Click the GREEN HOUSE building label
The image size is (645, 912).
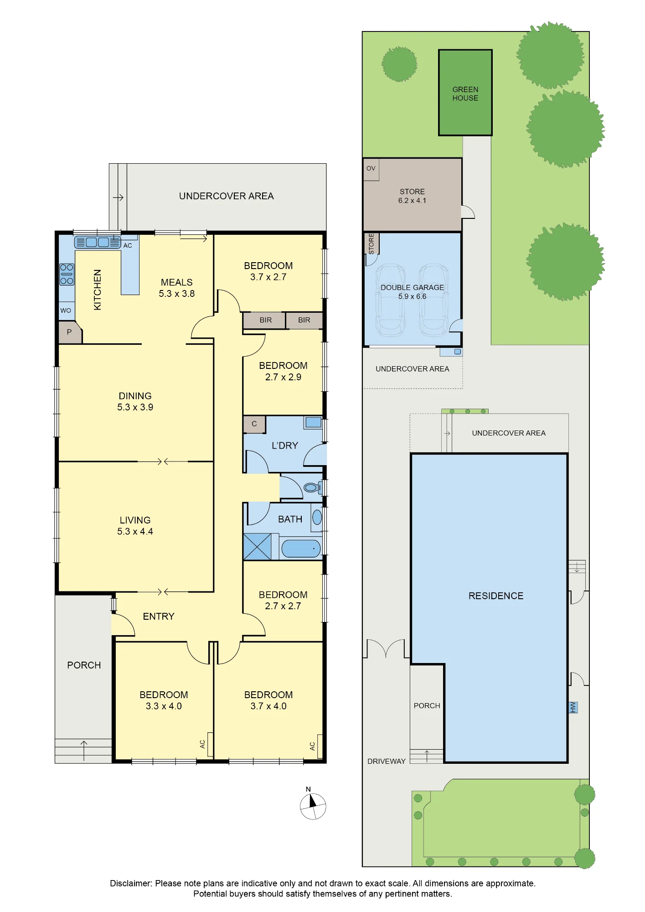coord(465,93)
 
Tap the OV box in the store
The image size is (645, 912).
coord(371,169)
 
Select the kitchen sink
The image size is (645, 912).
coord(98,242)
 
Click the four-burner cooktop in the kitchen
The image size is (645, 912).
coord(67,274)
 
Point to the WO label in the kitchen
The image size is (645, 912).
coord(66,311)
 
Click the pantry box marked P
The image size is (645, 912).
coord(70,332)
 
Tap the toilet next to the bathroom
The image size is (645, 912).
coord(313,488)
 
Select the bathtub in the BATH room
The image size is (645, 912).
coord(301,548)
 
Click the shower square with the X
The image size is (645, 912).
coord(257,546)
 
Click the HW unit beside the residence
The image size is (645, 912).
coord(573,707)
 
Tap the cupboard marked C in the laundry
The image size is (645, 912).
coord(254,424)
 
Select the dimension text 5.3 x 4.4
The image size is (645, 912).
coord(135,531)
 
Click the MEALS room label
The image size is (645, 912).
coord(177,282)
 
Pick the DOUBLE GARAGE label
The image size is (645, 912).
coord(412,287)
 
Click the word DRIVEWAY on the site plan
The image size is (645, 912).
coord(387,761)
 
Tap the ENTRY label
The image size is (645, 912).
coord(159,617)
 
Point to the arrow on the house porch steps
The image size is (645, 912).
coord(84,751)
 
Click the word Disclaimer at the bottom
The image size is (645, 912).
coord(131,883)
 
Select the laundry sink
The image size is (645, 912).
coord(313,422)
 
